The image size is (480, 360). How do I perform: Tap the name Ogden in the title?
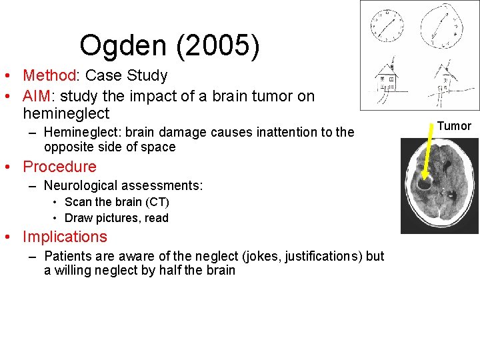123,46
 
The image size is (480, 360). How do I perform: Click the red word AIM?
37,96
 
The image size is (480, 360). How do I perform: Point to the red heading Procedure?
59,167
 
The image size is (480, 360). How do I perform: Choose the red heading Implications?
65,237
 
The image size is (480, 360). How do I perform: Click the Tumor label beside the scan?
454,126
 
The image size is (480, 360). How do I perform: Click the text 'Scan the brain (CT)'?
117,202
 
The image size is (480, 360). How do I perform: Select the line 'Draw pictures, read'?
116,218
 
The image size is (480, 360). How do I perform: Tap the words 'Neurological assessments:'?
123,185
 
